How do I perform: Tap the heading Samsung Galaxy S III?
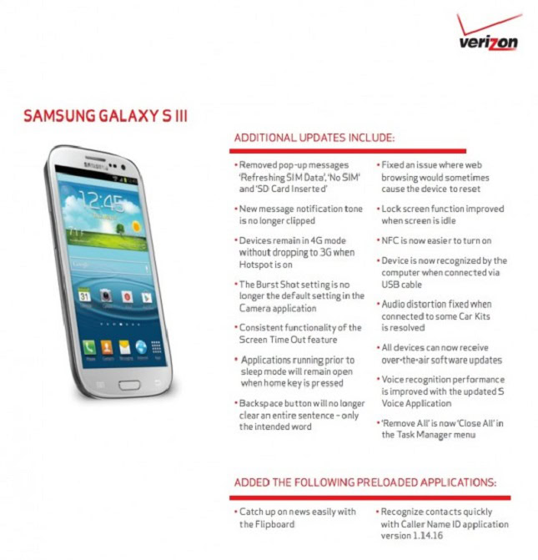[x=106, y=116]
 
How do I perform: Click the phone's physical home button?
[x=129, y=385]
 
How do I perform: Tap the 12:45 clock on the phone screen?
[x=102, y=201]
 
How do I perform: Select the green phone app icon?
[x=89, y=346]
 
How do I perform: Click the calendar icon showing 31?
[x=84, y=295]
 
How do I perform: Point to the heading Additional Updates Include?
[x=314, y=138]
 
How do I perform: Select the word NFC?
[x=390, y=240]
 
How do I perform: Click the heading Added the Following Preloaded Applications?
[x=365, y=482]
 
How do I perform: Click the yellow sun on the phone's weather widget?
[x=136, y=226]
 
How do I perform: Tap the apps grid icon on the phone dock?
[x=156, y=346]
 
